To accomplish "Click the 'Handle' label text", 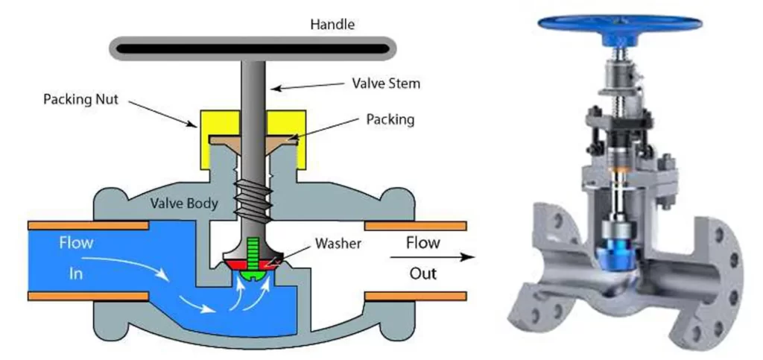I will point(332,25).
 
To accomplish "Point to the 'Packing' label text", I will point(383,119).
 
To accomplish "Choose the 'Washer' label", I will point(338,243).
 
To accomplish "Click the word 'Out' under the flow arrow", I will point(422,274).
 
